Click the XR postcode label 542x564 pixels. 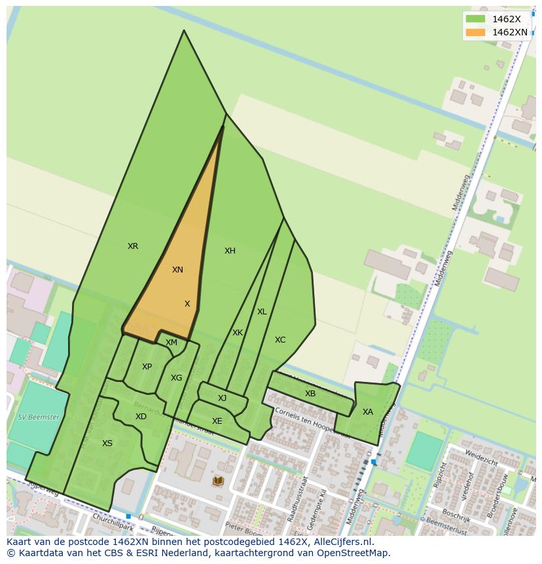(133, 246)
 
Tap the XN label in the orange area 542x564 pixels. (177, 270)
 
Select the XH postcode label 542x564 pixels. (230, 251)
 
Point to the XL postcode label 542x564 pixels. (262, 312)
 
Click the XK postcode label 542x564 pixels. (238, 333)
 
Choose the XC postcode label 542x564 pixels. (280, 340)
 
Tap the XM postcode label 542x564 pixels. (172, 343)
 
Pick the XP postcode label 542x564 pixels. (147, 367)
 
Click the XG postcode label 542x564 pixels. (176, 378)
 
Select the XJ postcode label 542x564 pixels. (223, 398)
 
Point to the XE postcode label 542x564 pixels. (217, 421)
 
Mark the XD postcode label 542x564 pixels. (141, 417)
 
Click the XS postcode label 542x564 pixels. (107, 443)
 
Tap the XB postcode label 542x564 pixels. (310, 394)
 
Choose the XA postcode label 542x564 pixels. (367, 412)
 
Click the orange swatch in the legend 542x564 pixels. (476, 32)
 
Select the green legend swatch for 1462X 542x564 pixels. (476, 19)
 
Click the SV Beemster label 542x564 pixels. (39, 417)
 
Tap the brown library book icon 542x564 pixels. (218, 481)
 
